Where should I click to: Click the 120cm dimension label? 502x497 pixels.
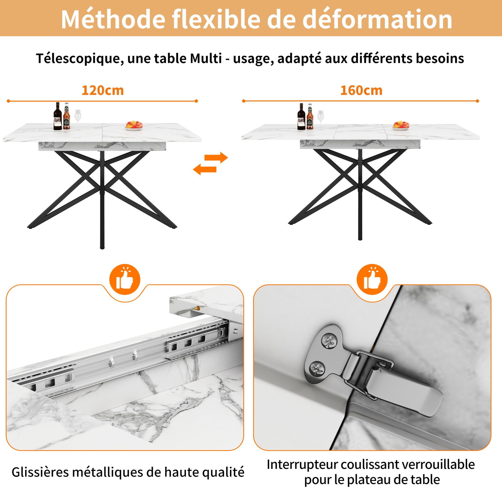pyautogui.click(x=103, y=91)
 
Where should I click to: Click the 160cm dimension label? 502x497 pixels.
pyautogui.click(x=361, y=91)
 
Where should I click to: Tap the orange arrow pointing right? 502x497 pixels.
pyautogui.click(x=216, y=157)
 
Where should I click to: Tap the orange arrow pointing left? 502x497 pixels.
pyautogui.click(x=204, y=169)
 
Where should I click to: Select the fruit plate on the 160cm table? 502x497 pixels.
pyautogui.click(x=401, y=125)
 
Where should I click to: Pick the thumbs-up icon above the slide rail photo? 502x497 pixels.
pyautogui.click(x=125, y=279)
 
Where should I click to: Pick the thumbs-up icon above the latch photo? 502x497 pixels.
pyautogui.click(x=372, y=279)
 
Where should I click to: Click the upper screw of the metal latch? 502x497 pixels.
pyautogui.click(x=329, y=340)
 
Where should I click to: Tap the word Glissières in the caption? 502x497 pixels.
pyautogui.click(x=40, y=472)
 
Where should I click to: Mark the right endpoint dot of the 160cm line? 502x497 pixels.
pyautogui.click(x=477, y=101)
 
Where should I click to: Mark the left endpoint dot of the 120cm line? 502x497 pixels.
pyautogui.click(x=9, y=101)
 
